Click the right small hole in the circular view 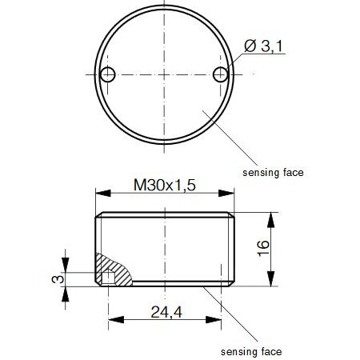pos(222,74)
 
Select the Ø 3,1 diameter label pos(262,47)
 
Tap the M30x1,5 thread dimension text pos(164,186)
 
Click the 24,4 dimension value pos(165,312)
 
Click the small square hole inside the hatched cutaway pos(106,278)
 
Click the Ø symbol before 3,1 pos(248,47)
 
